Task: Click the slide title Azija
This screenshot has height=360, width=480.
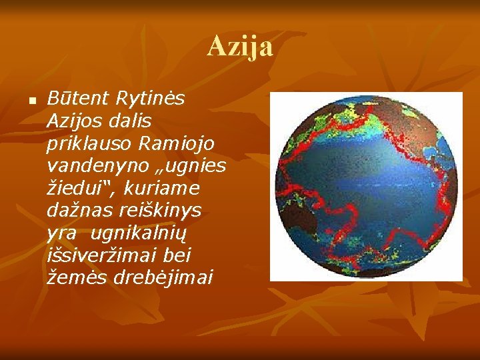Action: point(240,47)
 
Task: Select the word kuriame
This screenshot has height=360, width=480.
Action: point(156,188)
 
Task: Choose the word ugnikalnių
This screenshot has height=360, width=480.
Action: point(149,233)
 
